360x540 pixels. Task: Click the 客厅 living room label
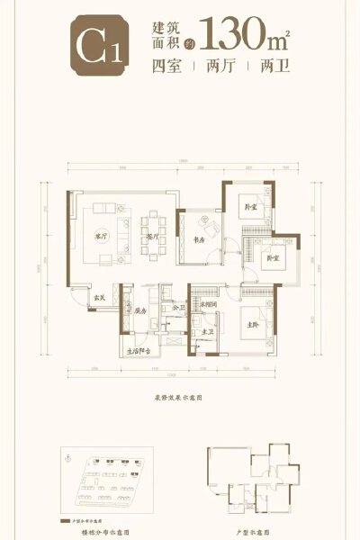(x=101, y=237)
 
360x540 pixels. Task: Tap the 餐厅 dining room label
(x=152, y=237)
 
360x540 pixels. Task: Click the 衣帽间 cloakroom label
(x=209, y=305)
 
